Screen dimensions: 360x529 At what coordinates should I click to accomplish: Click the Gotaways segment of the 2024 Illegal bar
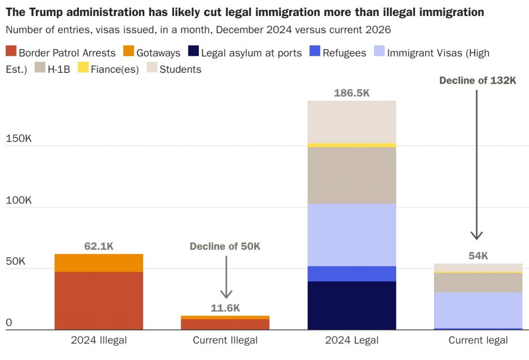click(99, 263)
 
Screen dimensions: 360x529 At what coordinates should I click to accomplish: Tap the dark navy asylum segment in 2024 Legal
click(351, 305)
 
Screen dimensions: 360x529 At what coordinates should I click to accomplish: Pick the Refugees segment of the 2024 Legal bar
click(351, 274)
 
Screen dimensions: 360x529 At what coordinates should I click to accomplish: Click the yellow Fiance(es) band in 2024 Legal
click(351, 145)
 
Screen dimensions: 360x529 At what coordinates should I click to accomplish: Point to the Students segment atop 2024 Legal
click(351, 122)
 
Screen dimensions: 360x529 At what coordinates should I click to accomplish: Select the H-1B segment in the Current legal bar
click(478, 283)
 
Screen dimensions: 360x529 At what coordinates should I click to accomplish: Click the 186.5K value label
click(351, 93)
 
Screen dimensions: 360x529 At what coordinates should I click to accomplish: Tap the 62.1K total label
click(99, 246)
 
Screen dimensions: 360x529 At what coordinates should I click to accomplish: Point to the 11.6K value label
click(225, 308)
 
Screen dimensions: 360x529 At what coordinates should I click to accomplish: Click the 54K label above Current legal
click(478, 256)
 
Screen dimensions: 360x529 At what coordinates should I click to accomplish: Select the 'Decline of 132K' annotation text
click(477, 80)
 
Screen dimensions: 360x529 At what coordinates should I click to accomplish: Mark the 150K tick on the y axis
click(19, 139)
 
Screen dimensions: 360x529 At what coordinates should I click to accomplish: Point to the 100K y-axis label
click(19, 200)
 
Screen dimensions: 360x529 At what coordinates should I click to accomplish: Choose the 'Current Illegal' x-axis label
click(225, 340)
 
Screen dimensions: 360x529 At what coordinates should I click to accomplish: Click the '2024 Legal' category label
click(351, 340)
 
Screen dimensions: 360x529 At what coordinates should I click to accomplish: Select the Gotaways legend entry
click(152, 52)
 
